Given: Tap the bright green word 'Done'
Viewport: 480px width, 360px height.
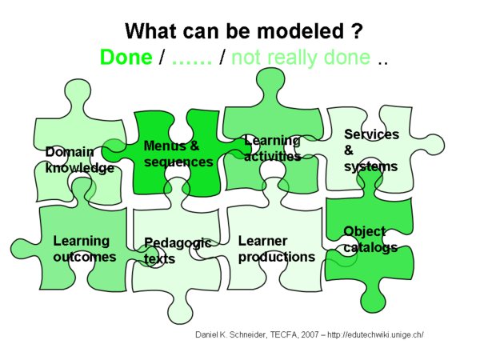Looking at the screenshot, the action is click(126, 58).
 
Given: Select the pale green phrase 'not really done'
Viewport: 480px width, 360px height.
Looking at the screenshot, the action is click(301, 58).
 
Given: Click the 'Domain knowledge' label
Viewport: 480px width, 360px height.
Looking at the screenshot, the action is click(79, 160).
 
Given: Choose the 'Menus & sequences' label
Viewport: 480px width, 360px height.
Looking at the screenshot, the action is click(178, 154).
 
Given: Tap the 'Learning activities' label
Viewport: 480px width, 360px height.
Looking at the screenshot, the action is click(273, 149).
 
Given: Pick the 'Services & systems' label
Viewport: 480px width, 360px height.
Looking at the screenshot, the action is click(371, 150).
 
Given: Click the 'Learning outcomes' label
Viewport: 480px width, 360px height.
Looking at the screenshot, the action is click(85, 249).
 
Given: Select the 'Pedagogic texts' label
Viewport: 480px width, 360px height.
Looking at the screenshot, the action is click(178, 250).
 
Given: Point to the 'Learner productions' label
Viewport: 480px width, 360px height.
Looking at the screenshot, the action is click(277, 249).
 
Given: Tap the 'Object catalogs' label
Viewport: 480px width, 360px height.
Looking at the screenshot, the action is click(370, 239).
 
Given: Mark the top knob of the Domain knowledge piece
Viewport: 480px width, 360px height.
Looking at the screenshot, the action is click(78, 91).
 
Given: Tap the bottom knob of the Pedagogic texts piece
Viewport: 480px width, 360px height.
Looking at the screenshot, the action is click(181, 312).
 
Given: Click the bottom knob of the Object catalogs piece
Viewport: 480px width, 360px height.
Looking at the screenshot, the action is click(372, 301).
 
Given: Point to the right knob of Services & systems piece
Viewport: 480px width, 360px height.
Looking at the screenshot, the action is click(432, 145).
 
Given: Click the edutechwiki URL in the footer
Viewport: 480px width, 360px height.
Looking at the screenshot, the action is click(375, 334).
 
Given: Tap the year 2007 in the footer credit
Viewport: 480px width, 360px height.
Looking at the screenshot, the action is click(310, 334).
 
